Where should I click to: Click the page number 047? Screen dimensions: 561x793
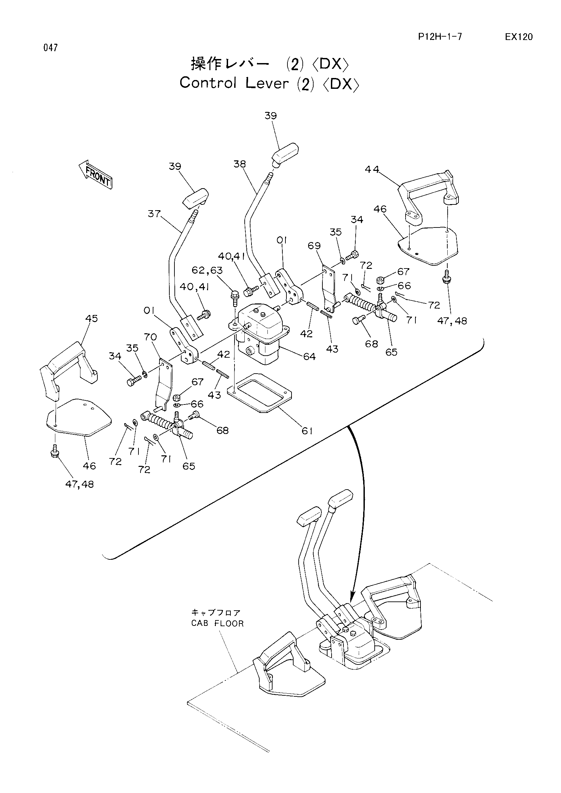coord(51,48)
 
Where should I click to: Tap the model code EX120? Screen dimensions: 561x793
coord(519,37)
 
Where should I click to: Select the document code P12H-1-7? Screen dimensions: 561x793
coord(440,37)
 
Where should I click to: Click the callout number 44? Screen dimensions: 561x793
coord(372,170)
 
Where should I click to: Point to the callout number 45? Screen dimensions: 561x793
coord(92,318)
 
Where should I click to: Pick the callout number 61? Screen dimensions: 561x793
coord(307,431)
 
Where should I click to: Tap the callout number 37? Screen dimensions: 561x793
coord(154,214)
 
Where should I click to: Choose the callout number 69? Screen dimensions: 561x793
coord(314,245)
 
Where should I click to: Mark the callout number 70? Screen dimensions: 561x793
coord(150,337)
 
